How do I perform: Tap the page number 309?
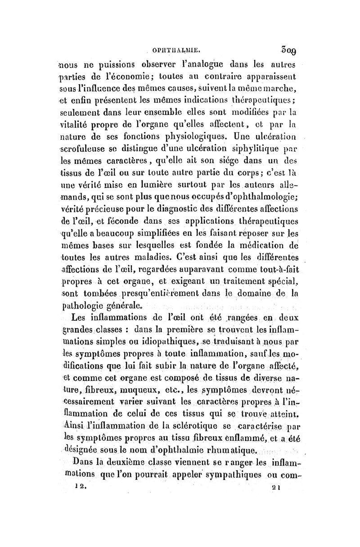click(284, 45)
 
